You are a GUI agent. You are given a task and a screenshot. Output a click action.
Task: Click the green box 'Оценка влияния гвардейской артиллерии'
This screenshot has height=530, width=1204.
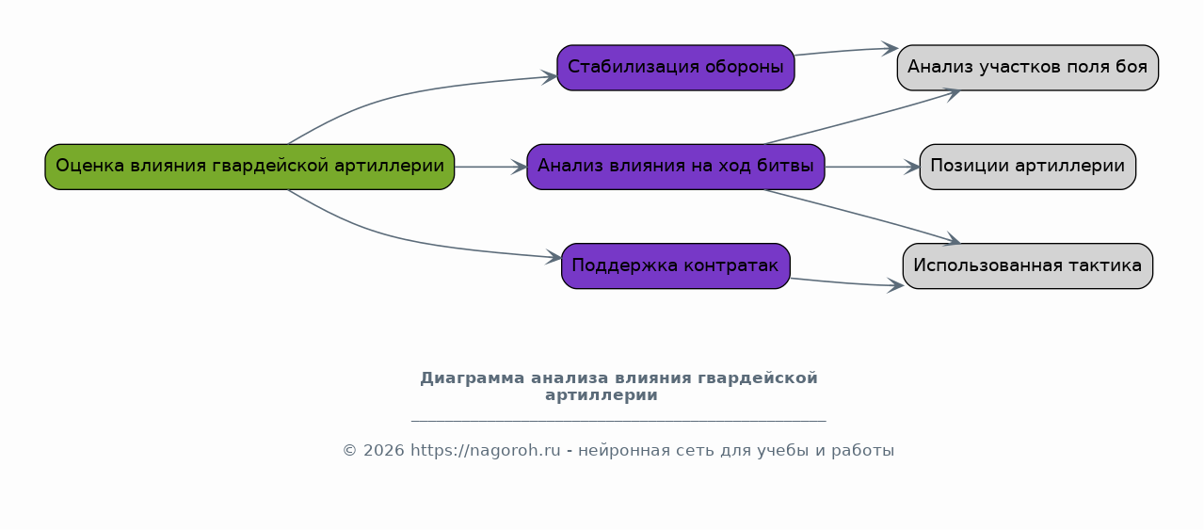point(249,167)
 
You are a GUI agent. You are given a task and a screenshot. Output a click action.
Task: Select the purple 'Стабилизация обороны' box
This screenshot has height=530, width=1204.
point(676,68)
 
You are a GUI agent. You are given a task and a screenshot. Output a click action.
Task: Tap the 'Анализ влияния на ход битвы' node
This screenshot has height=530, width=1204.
point(676,167)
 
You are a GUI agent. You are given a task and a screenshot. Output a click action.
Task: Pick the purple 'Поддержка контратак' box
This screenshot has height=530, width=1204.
point(676,266)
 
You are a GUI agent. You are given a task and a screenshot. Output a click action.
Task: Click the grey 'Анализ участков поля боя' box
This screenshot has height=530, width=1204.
point(1028,68)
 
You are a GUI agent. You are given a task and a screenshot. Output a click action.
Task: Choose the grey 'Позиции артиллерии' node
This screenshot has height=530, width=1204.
point(1028,167)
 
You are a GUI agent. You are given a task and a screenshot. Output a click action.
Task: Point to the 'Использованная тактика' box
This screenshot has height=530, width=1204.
point(1028,266)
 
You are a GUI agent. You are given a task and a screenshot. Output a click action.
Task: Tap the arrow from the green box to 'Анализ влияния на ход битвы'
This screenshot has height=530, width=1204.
point(490,167)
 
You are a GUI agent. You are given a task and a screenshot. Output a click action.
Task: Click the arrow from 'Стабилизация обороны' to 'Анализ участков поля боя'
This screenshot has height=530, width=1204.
point(846,51)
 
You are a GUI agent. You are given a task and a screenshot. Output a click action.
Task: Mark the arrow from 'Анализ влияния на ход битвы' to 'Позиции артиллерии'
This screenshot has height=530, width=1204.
point(873,167)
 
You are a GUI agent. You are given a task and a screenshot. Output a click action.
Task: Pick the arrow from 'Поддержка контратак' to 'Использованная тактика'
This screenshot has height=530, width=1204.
point(847,282)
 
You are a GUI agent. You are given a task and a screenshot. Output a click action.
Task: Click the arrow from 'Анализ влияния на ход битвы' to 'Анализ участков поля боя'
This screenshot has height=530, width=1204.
point(862,118)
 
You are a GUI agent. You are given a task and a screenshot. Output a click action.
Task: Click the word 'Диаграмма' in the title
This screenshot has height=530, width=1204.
point(472,377)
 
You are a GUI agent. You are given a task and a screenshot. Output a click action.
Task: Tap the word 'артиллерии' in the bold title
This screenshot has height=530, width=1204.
point(602,395)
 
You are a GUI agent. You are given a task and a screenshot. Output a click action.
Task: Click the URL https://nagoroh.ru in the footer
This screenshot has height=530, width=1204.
point(486,450)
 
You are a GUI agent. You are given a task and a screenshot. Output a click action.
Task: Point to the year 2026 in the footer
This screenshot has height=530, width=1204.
point(383,450)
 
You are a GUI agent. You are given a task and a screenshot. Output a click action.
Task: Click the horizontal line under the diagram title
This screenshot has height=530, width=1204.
point(618,421)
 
